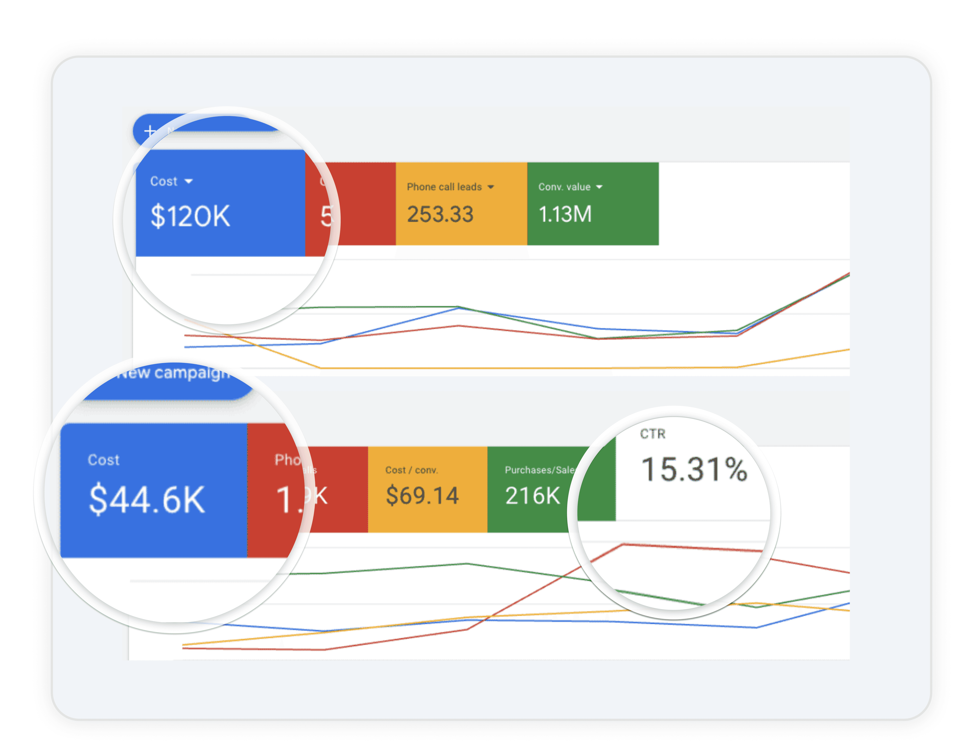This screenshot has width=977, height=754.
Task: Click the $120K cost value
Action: (190, 216)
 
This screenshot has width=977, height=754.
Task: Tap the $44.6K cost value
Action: (147, 499)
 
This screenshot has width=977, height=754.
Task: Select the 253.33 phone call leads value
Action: (440, 214)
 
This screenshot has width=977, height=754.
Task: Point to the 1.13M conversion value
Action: (565, 214)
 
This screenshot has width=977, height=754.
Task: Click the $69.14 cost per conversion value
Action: (422, 495)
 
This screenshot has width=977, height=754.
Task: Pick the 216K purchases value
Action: (532, 496)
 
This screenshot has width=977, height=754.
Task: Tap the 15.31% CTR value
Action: (694, 470)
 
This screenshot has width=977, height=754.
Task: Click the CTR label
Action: (653, 434)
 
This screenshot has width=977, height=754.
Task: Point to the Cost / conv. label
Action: (411, 470)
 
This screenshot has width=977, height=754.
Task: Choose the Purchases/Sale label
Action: (539, 470)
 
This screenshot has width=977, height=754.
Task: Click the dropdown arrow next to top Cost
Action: (189, 181)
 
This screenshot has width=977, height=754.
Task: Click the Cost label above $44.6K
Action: (103, 460)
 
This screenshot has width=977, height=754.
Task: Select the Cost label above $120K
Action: (164, 181)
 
